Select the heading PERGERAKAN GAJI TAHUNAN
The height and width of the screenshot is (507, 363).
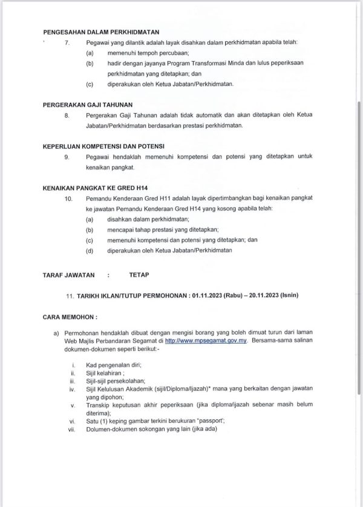(x=88, y=104)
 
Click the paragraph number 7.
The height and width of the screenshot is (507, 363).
(x=67, y=42)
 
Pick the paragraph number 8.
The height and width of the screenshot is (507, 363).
(x=67, y=115)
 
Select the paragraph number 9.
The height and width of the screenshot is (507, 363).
(x=67, y=157)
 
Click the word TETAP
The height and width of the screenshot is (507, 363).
(x=138, y=275)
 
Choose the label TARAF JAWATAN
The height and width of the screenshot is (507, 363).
(x=69, y=275)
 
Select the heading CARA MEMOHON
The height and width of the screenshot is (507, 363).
(x=70, y=317)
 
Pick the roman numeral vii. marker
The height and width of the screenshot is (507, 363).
(x=73, y=430)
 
